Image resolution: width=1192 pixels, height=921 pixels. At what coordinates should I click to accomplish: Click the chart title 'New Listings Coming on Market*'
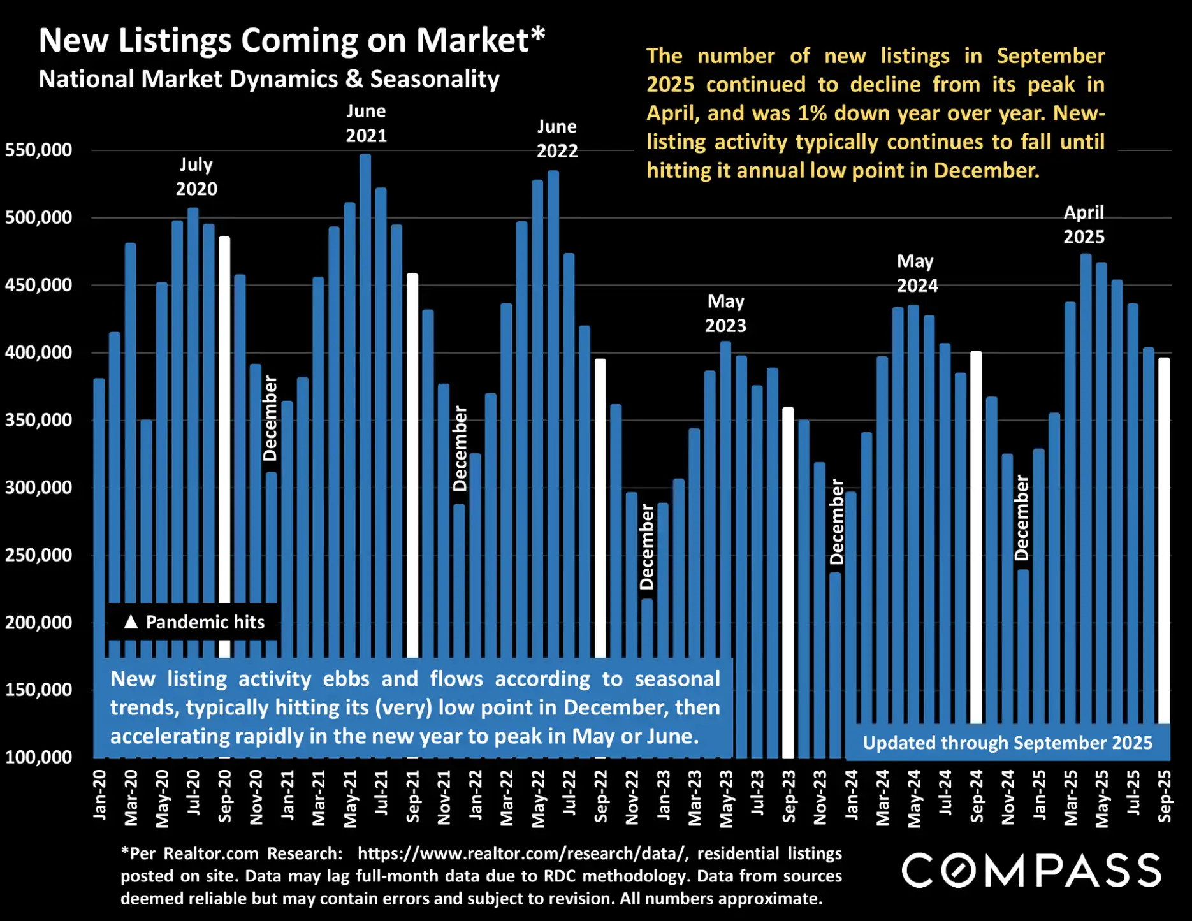click(291, 41)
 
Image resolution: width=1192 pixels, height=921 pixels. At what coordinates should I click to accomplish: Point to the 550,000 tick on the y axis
click(38, 150)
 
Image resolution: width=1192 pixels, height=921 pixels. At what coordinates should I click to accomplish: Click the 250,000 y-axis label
click(38, 555)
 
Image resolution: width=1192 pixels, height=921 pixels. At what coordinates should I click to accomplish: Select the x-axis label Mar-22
click(507, 797)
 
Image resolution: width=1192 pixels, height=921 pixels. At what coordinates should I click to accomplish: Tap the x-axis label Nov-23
click(820, 797)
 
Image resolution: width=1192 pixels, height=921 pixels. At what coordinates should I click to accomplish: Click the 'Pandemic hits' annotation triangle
click(131, 622)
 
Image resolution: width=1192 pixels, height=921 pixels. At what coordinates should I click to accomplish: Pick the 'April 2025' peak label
click(1084, 224)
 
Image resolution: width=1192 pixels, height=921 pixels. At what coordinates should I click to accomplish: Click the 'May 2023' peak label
click(725, 314)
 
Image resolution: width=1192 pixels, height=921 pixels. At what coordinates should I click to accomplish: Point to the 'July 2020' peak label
click(196, 177)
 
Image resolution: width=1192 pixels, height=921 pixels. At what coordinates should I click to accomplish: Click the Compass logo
click(1031, 871)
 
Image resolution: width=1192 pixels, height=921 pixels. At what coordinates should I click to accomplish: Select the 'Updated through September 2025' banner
click(1007, 743)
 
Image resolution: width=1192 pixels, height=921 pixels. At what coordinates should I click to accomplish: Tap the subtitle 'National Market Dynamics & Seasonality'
click(269, 79)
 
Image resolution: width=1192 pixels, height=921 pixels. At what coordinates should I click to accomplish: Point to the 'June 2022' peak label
click(556, 139)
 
